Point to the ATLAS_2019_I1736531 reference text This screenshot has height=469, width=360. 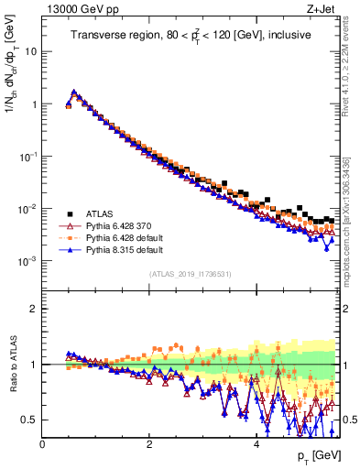tap(190, 274)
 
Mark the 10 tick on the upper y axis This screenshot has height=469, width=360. tap(30, 51)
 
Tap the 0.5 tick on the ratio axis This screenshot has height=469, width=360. tap(28, 420)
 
